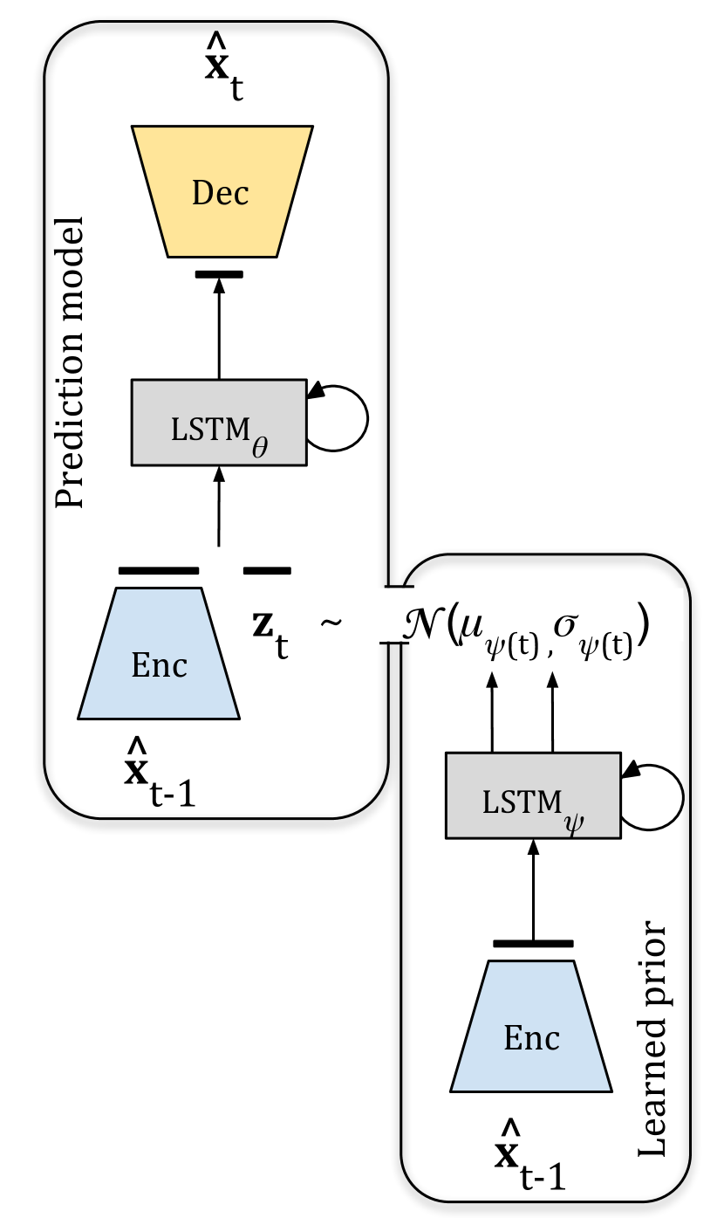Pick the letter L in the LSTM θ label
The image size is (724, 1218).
click(177, 430)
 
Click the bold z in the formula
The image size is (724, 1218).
click(263, 625)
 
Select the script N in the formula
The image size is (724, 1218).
click(422, 623)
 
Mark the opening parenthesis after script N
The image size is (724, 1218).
click(452, 623)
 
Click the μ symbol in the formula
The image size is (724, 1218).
click(473, 627)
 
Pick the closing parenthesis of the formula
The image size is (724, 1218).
click(643, 623)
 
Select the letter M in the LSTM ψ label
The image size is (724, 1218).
click(548, 802)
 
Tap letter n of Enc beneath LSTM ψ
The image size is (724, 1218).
click(532, 1040)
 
